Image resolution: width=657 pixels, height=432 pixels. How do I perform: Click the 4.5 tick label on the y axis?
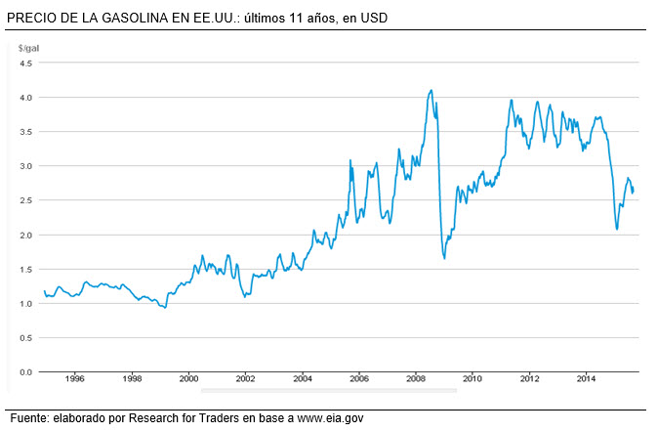pyautogui.click(x=26, y=64)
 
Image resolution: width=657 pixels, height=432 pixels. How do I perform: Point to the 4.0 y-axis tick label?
pyautogui.click(x=26, y=98)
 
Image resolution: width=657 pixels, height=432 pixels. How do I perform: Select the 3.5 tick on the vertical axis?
pyautogui.click(x=26, y=132)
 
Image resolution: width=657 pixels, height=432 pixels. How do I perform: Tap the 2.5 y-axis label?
pyautogui.click(x=26, y=200)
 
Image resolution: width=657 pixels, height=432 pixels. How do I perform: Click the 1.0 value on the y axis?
pyautogui.click(x=26, y=303)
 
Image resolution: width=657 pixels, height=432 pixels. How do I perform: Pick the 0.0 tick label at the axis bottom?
pyautogui.click(x=26, y=372)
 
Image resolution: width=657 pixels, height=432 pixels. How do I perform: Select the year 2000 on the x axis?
pyautogui.click(x=188, y=378)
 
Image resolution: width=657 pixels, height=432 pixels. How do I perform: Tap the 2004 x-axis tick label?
pyautogui.click(x=303, y=378)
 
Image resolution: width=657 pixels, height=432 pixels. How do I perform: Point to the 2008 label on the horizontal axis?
pyautogui.click(x=416, y=378)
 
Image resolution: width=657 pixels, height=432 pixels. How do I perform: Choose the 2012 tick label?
pyautogui.click(x=530, y=378)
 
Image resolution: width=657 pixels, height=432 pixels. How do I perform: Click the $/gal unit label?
pyautogui.click(x=27, y=48)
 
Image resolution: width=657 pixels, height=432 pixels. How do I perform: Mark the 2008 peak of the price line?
pyautogui.click(x=431, y=91)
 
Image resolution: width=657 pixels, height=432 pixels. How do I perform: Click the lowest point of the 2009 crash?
pyautogui.click(x=444, y=258)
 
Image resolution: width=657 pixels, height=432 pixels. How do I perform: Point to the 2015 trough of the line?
pyautogui.click(x=617, y=229)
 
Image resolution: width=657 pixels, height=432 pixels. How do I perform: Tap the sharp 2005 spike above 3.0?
pyautogui.click(x=350, y=160)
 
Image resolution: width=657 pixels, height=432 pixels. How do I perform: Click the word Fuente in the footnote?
pyautogui.click(x=29, y=418)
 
